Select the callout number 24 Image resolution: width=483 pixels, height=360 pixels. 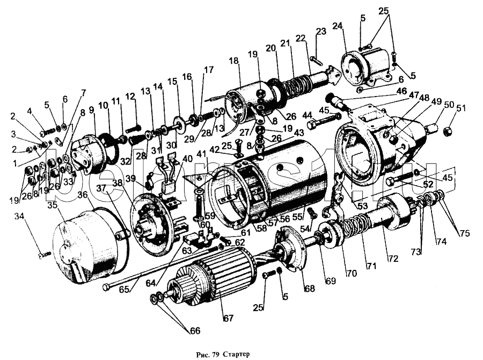[x=338, y=26]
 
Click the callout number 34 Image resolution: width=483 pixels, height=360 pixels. [x=20, y=216]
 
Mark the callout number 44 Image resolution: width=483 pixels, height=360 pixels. [x=308, y=115]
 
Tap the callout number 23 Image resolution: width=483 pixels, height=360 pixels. [x=321, y=32]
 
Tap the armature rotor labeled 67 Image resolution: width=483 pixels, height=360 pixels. [x=215, y=279]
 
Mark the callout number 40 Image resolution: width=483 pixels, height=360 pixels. [x=187, y=158]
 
